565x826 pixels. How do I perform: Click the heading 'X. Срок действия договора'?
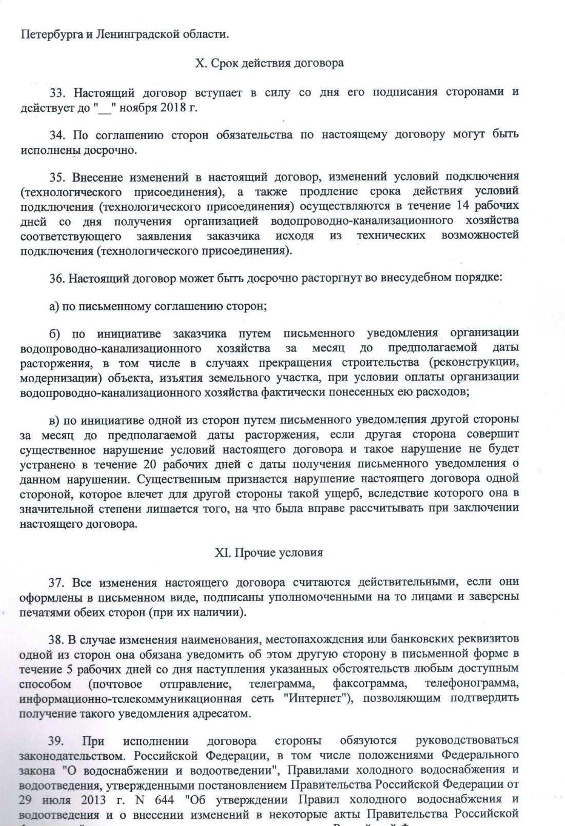click(x=269, y=63)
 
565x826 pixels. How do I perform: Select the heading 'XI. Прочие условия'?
click(x=268, y=553)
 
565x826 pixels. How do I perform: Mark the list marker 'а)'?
click(x=54, y=306)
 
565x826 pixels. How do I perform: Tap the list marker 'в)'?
click(x=55, y=420)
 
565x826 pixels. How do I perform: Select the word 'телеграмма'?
click(x=281, y=684)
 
